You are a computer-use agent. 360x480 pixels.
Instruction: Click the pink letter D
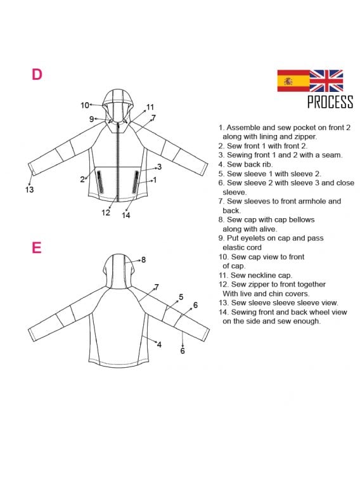click(37, 74)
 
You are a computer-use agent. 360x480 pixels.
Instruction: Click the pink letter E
click(36, 247)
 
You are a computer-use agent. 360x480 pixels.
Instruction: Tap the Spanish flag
click(293, 81)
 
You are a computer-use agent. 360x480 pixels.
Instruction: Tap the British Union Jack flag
click(326, 81)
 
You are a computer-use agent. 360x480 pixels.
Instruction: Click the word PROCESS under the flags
click(330, 102)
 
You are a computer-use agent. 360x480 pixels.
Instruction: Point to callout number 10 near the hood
click(85, 105)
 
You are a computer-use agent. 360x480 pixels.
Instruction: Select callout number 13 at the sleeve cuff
click(29, 190)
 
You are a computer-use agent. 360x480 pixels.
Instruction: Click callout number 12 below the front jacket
click(106, 212)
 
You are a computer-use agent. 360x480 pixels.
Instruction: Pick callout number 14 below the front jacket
click(126, 216)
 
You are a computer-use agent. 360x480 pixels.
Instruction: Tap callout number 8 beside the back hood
click(143, 260)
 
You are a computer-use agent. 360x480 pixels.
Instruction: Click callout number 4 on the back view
click(159, 345)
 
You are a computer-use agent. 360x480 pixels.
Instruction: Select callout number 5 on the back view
click(181, 297)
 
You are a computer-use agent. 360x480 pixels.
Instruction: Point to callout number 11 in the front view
click(150, 107)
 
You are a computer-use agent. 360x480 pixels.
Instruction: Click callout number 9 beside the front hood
click(91, 119)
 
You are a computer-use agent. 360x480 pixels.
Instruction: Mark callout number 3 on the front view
click(159, 167)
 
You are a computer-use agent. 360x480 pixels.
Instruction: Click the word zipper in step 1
click(306, 136)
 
